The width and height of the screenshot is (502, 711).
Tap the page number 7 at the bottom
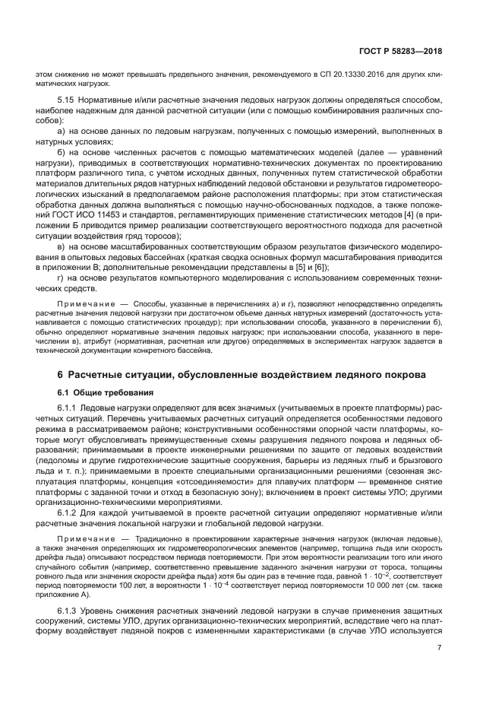pos(439,647)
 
